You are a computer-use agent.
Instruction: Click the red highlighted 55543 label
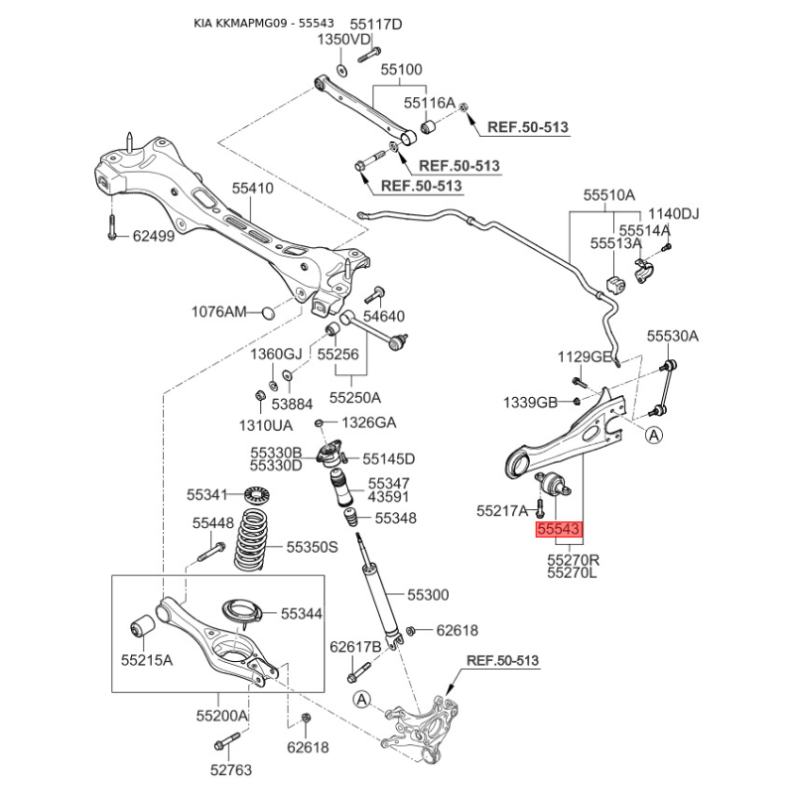point(559,529)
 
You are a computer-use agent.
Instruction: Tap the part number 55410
point(253,189)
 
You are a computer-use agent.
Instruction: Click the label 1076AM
point(218,312)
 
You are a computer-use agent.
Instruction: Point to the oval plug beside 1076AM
point(268,313)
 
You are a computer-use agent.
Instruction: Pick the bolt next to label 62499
point(112,226)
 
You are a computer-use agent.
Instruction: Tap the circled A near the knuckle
point(361,700)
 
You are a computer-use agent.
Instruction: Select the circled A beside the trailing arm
point(654,435)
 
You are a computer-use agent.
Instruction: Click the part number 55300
point(428,595)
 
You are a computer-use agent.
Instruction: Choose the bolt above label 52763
point(227,740)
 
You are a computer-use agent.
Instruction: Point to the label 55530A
point(673,335)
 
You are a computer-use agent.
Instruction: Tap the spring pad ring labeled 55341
point(257,493)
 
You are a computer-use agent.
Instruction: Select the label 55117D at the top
point(376,24)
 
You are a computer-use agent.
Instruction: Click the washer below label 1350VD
point(341,69)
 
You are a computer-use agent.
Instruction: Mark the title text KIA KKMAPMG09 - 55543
point(264,23)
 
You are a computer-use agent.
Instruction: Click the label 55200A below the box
point(222,716)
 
